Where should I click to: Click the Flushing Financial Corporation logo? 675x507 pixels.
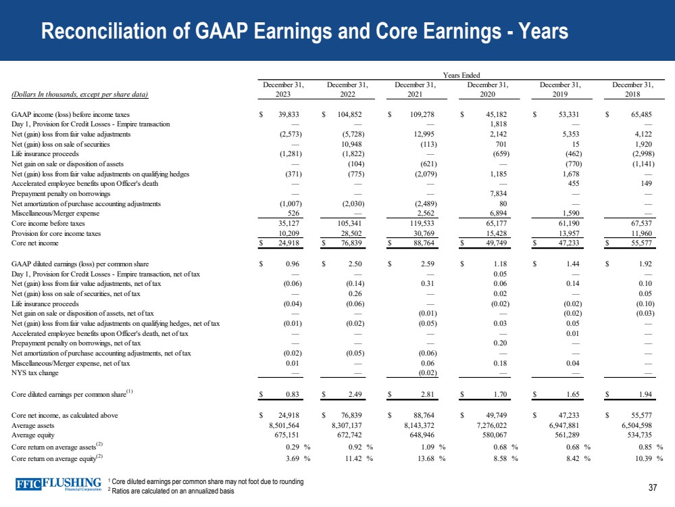pyautogui.click(x=60, y=485)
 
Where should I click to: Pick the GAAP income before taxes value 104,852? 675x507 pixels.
pyautogui.click(x=349, y=114)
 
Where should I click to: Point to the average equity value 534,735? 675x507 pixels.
pyautogui.click(x=636, y=435)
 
